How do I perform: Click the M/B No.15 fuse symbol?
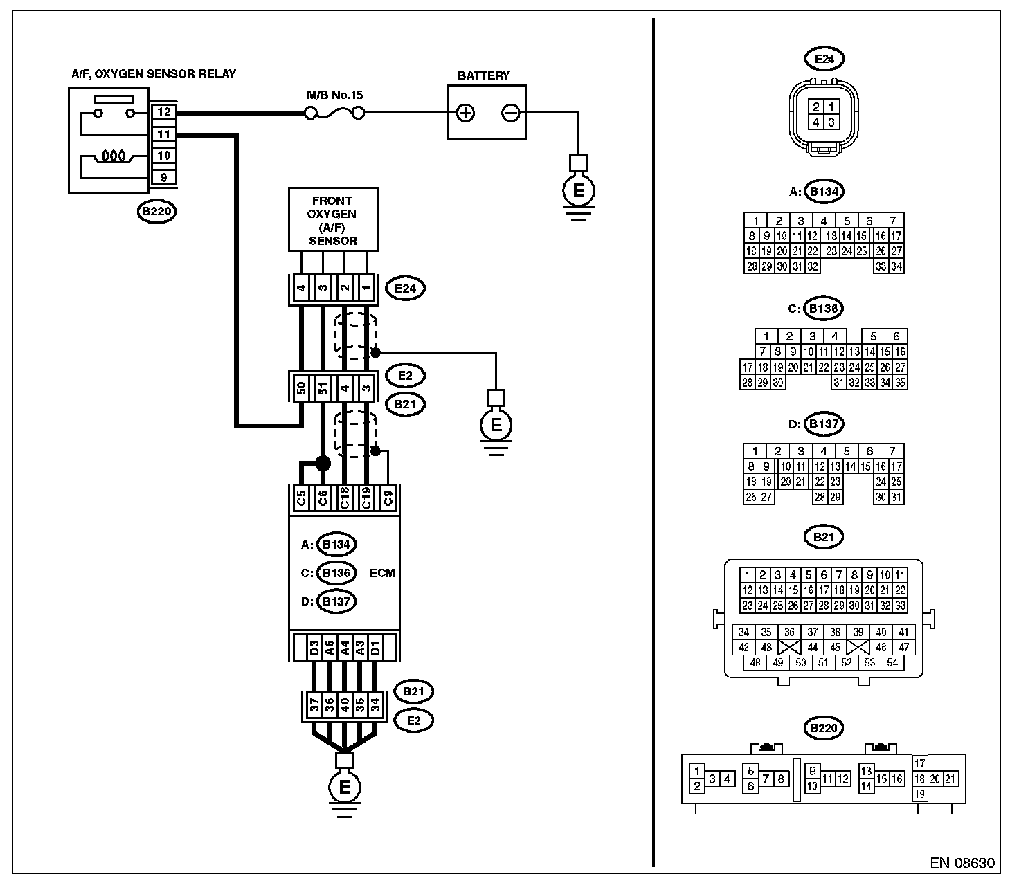[x=335, y=113]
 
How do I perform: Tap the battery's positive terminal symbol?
[x=465, y=113]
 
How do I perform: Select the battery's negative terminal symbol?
[x=510, y=113]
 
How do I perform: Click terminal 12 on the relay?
[x=163, y=112]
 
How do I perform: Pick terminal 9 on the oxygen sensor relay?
[x=163, y=177]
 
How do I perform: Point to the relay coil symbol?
[x=114, y=156]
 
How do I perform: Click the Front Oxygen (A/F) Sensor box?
[x=333, y=219]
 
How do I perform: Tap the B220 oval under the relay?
[x=156, y=211]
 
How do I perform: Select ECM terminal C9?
[x=388, y=499]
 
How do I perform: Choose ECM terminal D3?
[x=314, y=648]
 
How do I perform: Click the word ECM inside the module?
[x=382, y=573]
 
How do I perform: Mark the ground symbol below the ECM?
[x=344, y=788]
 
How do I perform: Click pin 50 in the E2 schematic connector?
[x=302, y=388]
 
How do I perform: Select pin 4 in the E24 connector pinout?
[x=816, y=122]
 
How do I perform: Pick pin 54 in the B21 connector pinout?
[x=892, y=663]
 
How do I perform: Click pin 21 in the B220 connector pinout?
[x=950, y=779]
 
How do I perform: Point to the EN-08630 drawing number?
[x=962, y=863]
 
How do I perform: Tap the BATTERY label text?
[x=484, y=76]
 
